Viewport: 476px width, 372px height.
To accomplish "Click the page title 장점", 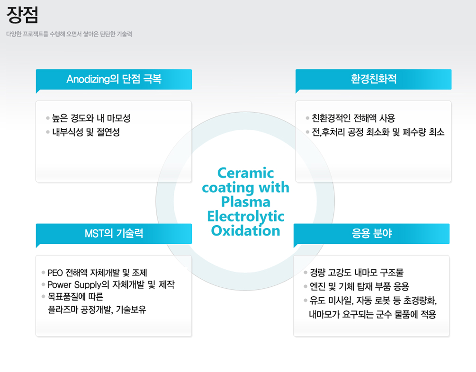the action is coord(22,15).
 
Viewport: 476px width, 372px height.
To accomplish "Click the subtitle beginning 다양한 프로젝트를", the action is coord(69,34).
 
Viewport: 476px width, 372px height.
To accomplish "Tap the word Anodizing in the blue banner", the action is coord(88,79).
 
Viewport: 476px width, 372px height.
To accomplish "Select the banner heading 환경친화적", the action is coord(373,79).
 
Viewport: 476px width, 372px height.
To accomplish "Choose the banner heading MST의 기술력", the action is coord(114,233).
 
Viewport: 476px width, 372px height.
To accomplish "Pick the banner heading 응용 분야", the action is coord(372,233).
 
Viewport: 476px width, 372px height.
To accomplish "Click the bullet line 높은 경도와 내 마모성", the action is coord(91,118).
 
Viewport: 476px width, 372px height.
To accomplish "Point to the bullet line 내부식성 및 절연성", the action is coord(86,132).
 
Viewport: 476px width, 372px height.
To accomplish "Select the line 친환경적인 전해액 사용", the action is coord(353,118).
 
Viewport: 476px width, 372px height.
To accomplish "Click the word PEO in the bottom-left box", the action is coord(55,273).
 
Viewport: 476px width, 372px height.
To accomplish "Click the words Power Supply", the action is coord(74,285).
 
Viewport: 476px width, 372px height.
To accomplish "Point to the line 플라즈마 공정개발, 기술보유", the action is coord(97,310).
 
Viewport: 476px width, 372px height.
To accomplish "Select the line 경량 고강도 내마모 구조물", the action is coord(356,273).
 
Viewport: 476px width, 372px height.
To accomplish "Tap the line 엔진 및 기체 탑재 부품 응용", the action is coord(359,286).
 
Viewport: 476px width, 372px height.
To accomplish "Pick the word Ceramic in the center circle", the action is coord(246,173).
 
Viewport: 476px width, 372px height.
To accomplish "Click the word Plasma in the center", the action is coord(246,202).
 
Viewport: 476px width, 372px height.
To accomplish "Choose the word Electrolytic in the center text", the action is coord(246,216).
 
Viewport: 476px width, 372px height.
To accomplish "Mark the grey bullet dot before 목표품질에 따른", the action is coord(44,296).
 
